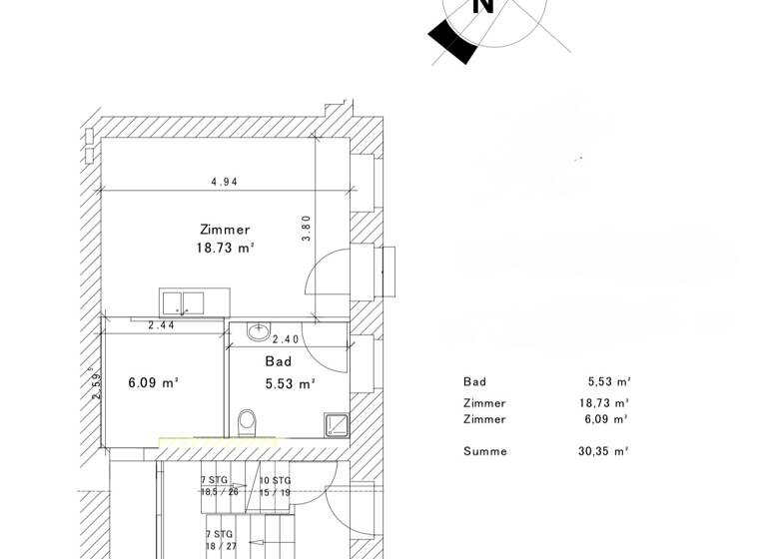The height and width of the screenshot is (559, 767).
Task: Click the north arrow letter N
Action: pyautogui.click(x=483, y=6)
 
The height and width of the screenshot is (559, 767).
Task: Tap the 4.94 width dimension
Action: pyautogui.click(x=224, y=183)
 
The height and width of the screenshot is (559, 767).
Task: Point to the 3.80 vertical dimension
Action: pyautogui.click(x=308, y=229)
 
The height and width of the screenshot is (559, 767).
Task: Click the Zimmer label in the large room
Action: pyautogui.click(x=225, y=230)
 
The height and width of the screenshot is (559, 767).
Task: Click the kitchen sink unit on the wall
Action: pyautogui.click(x=182, y=302)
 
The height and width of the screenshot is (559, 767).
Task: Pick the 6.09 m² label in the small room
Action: pyautogui.click(x=153, y=382)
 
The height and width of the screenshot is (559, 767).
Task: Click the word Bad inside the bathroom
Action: pyautogui.click(x=278, y=361)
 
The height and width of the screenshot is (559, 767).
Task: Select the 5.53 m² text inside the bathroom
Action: pyautogui.click(x=289, y=382)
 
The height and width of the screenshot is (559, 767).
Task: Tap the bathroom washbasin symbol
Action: pyautogui.click(x=259, y=330)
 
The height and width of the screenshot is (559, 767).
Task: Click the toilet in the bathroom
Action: pyautogui.click(x=248, y=423)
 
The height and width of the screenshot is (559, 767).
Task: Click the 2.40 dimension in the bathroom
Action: pyautogui.click(x=288, y=339)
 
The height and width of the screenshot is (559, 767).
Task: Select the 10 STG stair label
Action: pyautogui.click(x=275, y=480)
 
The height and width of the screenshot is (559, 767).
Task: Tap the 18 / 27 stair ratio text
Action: pyautogui.click(x=221, y=547)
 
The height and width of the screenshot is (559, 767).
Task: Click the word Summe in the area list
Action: pyautogui.click(x=485, y=451)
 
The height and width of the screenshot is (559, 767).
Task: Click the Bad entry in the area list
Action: pyautogui.click(x=475, y=381)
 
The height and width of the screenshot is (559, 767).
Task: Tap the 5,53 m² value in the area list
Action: pyautogui.click(x=608, y=381)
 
